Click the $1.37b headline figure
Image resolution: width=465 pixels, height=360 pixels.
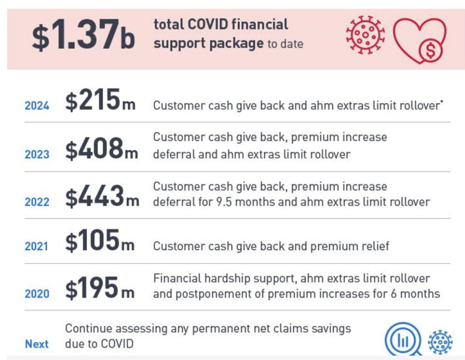pos(83,35)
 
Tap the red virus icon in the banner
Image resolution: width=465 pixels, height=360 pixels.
pos(365,35)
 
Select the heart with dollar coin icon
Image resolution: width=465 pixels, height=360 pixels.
pos(420,41)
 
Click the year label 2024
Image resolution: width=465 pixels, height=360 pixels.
pos(37,106)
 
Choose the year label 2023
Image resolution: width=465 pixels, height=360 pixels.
pos(37,154)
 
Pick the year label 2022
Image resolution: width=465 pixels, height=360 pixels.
pos(37,202)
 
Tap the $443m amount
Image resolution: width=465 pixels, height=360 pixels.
pos(102,196)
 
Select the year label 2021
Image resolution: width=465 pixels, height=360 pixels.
pos(36,246)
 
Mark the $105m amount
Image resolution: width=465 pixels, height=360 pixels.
pos(100,240)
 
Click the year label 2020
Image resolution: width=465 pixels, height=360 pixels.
pos(37,294)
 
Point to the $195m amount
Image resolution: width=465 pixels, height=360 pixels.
pos(100,287)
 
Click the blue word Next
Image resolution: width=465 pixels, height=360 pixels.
pos(36,344)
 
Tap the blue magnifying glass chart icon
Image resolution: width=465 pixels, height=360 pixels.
pos(403,339)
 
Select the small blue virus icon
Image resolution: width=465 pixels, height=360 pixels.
pos(440,342)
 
